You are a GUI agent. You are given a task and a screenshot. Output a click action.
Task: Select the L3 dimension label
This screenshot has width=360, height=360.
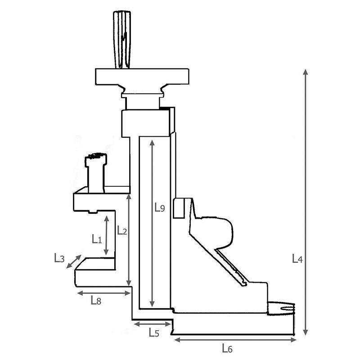click(59, 258)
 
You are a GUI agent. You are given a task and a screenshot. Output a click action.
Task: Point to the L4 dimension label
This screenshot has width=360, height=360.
click(297, 259)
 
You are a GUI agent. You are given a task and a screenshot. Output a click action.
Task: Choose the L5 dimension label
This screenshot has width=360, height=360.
click(154, 333)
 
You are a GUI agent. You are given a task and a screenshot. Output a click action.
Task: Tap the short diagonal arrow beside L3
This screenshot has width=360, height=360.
click(74, 262)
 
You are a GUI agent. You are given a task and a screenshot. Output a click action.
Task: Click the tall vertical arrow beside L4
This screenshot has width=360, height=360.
click(306, 202)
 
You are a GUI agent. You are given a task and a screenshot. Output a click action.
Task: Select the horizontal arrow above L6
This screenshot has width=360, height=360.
click(234, 338)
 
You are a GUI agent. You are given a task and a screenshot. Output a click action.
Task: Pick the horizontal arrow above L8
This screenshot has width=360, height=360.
click(103, 293)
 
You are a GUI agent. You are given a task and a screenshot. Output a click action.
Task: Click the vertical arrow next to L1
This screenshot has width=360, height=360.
click(106, 235)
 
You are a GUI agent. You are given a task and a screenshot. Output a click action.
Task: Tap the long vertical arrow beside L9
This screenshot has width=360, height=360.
click(153, 223)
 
